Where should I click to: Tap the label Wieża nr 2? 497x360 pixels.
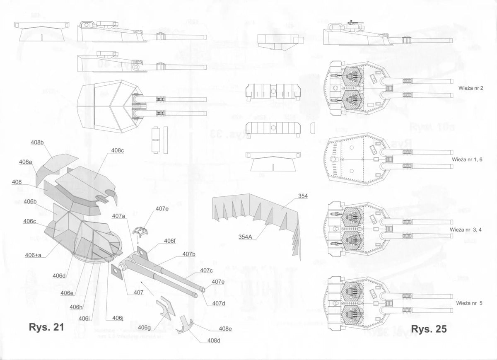pyautogui.click(x=471, y=88)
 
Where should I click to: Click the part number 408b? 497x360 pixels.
pyautogui.click(x=37, y=143)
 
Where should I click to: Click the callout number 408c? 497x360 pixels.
pyautogui.click(x=117, y=150)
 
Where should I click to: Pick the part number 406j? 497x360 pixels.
pyautogui.click(x=118, y=318)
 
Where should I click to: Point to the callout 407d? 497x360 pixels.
pyautogui.click(x=218, y=303)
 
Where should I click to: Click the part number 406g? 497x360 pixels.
pyautogui.click(x=144, y=327)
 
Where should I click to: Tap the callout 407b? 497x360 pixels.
pyautogui.click(x=188, y=254)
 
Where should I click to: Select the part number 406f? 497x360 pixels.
pyautogui.click(x=169, y=241)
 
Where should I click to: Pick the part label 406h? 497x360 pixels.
pyautogui.click(x=76, y=307)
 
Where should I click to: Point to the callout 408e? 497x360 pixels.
pyautogui.click(x=225, y=329)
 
